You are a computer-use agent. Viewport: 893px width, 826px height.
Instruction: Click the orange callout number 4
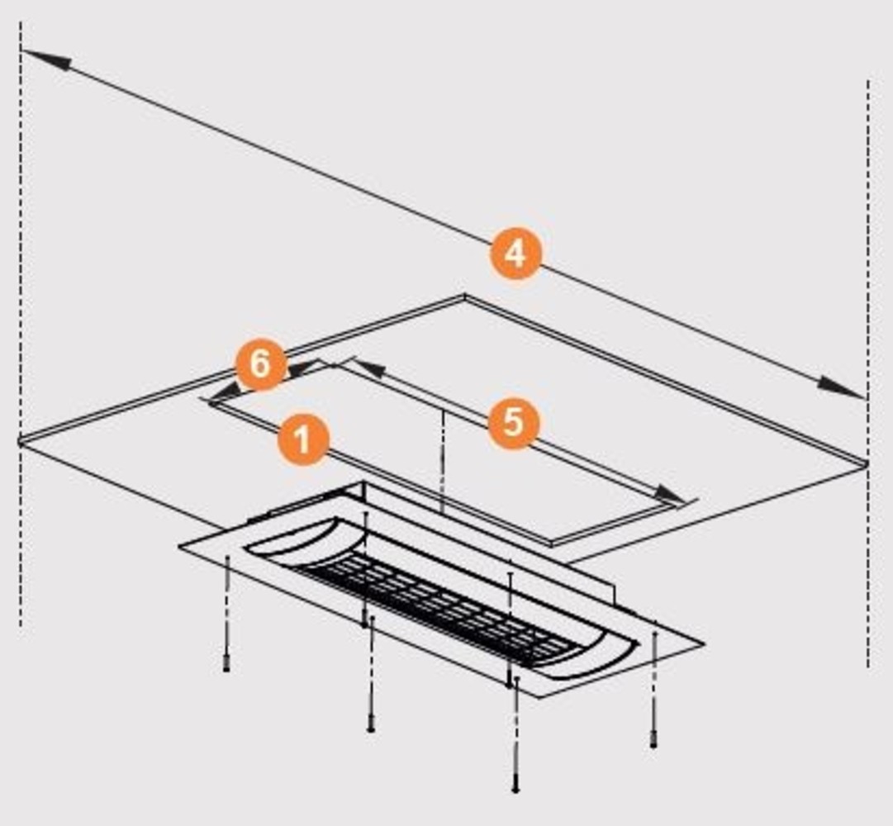pyautogui.click(x=515, y=254)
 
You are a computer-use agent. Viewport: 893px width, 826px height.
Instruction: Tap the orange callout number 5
pyautogui.click(x=513, y=423)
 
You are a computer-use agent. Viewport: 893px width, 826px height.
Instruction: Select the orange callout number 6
pyautogui.click(x=261, y=364)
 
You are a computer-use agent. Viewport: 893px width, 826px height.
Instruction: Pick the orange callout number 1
pyautogui.click(x=303, y=439)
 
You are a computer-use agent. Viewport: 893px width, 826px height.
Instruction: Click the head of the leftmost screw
pyautogui.click(x=226, y=664)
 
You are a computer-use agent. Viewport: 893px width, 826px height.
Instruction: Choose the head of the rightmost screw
pyautogui.click(x=653, y=740)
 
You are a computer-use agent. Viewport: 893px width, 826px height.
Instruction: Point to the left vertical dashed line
pyautogui.click(x=21, y=325)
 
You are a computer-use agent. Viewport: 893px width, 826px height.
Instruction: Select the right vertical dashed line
pyautogui.click(x=868, y=373)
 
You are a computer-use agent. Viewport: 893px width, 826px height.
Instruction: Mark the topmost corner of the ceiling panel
pyautogui.click(x=465, y=296)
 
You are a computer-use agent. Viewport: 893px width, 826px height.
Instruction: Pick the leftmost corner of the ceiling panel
pyautogui.click(x=21, y=440)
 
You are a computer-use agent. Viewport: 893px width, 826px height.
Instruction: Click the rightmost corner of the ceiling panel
pyautogui.click(x=866, y=463)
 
